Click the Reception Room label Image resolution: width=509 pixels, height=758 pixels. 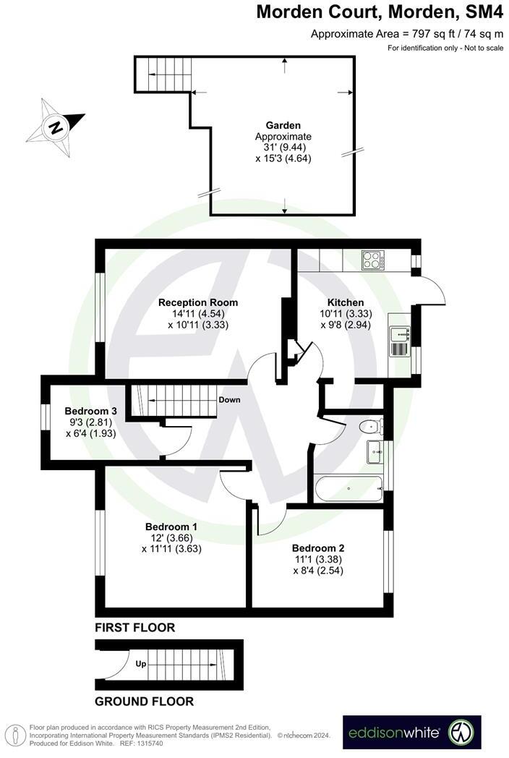point(198,302)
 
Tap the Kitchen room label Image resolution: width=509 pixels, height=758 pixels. point(346,302)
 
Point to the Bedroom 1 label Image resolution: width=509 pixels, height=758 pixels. point(171,526)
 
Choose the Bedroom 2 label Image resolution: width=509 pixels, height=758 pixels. point(317,548)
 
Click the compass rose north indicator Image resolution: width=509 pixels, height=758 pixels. point(56,128)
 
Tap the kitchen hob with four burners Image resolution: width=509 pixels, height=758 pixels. point(373,259)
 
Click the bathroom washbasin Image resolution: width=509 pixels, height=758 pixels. point(375,451)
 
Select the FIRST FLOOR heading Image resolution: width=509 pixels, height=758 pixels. point(135,627)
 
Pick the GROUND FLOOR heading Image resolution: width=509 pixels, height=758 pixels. point(145,701)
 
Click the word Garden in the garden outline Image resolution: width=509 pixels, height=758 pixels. point(283,125)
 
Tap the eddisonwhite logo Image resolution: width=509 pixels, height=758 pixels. point(411,732)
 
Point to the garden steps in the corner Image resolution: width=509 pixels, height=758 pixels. point(163,73)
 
